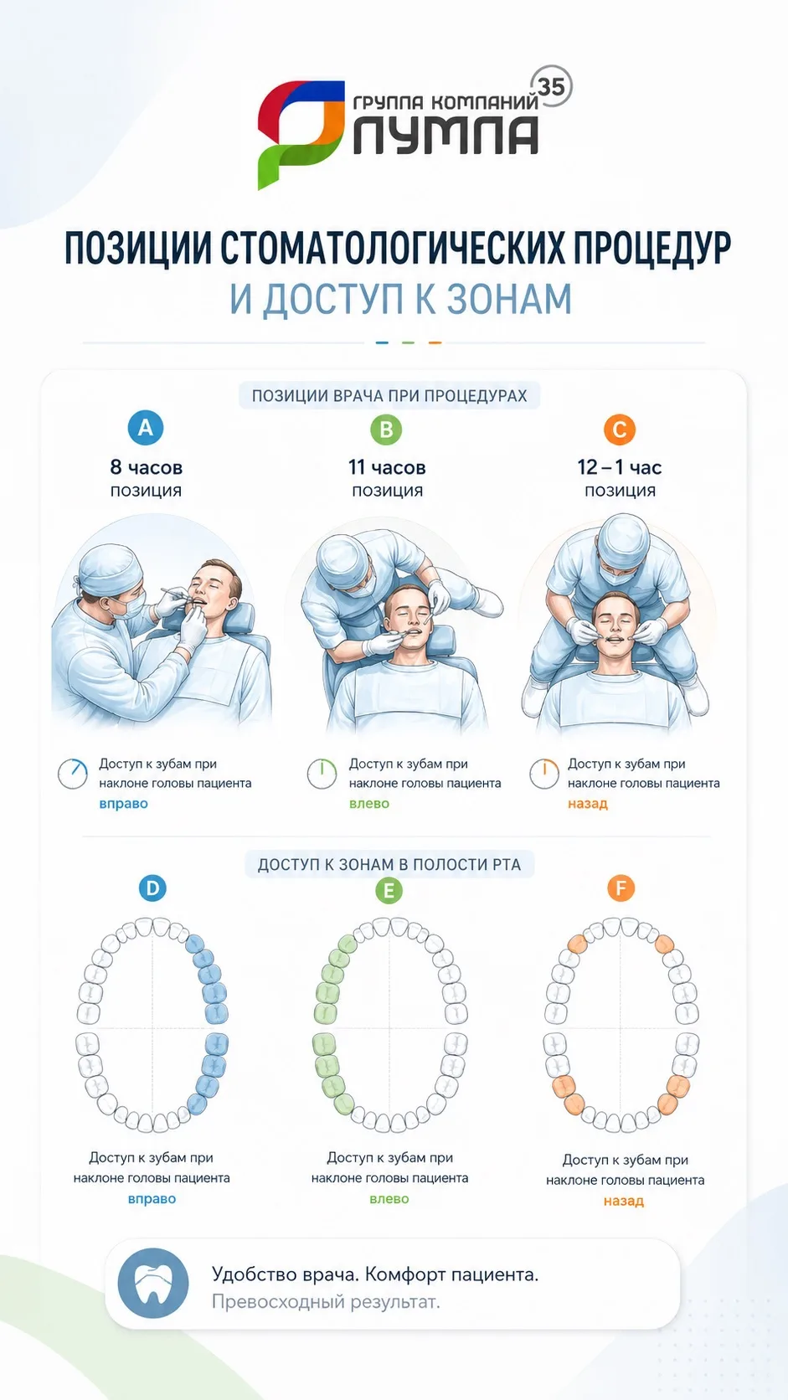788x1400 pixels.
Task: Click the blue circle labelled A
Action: [x=146, y=428]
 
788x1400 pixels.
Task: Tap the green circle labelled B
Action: [x=386, y=430]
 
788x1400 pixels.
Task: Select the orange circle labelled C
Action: [x=620, y=430]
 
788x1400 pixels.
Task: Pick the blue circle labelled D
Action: [x=152, y=888]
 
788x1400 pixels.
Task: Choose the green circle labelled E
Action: [x=389, y=890]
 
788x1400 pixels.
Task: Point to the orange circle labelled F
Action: [x=621, y=888]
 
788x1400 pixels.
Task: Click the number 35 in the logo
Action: [x=551, y=86]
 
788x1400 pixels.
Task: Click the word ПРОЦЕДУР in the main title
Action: [x=652, y=248]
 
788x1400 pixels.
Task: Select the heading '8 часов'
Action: [x=147, y=467]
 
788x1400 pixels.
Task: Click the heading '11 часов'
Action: [x=387, y=467]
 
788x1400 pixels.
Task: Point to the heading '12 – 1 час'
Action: [x=620, y=467]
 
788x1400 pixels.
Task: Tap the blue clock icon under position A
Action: [x=73, y=774]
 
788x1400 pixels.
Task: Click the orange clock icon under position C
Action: [x=544, y=774]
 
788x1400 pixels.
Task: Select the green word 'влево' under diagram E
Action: [x=389, y=1198]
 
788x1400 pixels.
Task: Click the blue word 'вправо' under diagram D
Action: [x=152, y=1198]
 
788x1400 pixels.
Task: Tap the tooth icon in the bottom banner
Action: [x=153, y=1284]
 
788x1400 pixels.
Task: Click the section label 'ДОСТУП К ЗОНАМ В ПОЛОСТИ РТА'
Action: [x=389, y=864]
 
